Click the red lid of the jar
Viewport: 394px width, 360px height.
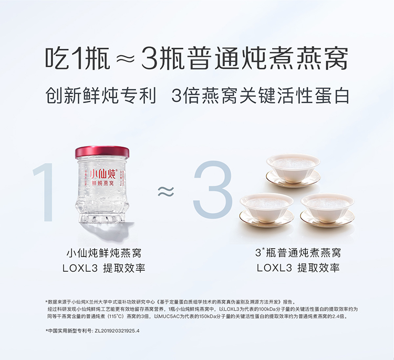tap(102, 152)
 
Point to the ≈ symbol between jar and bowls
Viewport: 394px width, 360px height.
tap(166, 191)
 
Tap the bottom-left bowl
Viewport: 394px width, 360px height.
tap(266, 210)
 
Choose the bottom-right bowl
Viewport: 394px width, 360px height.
tap(327, 210)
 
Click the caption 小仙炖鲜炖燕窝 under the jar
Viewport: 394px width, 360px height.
tap(104, 253)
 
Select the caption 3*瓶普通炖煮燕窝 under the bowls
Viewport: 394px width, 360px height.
tap(298, 253)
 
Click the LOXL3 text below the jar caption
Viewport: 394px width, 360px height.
tap(80, 269)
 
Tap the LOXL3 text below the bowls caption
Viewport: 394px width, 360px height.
tap(274, 268)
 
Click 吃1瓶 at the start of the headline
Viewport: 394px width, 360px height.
tap(78, 58)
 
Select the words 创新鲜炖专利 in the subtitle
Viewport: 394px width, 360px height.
tap(101, 95)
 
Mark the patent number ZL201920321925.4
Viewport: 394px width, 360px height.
tap(117, 331)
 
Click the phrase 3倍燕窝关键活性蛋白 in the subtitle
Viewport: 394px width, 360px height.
tap(261, 95)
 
